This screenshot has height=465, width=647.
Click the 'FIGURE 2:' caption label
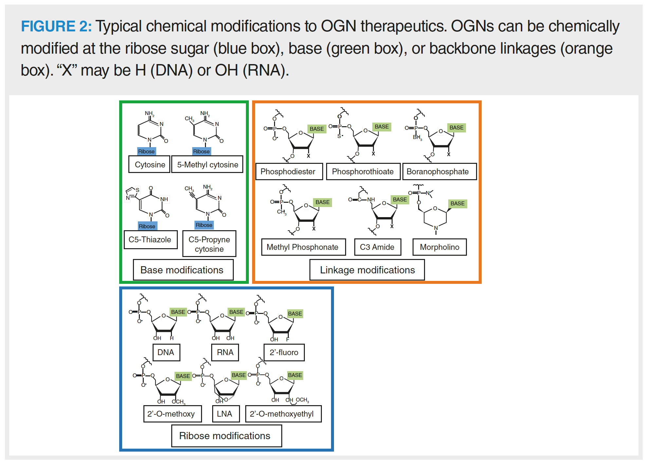point(56,26)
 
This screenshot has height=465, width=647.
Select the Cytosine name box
point(150,164)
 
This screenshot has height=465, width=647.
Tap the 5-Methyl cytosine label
point(207,164)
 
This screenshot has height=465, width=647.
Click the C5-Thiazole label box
point(150,240)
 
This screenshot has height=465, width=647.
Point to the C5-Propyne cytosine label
point(209,244)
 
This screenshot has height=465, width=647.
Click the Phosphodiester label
point(288,172)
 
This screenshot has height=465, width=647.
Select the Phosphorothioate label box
point(363,172)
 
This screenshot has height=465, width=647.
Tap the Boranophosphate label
point(438,172)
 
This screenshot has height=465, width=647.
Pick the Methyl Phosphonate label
point(303,247)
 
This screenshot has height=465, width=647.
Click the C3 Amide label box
point(377,247)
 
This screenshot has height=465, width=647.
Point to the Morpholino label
point(439,247)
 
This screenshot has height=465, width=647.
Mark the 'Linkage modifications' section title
point(367,270)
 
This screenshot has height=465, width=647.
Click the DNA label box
point(166,353)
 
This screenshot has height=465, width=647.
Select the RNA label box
point(225,353)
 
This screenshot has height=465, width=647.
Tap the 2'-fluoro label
point(284,353)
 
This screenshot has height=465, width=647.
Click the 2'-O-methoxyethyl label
point(283,414)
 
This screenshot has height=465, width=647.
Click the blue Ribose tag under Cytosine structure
point(146,151)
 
